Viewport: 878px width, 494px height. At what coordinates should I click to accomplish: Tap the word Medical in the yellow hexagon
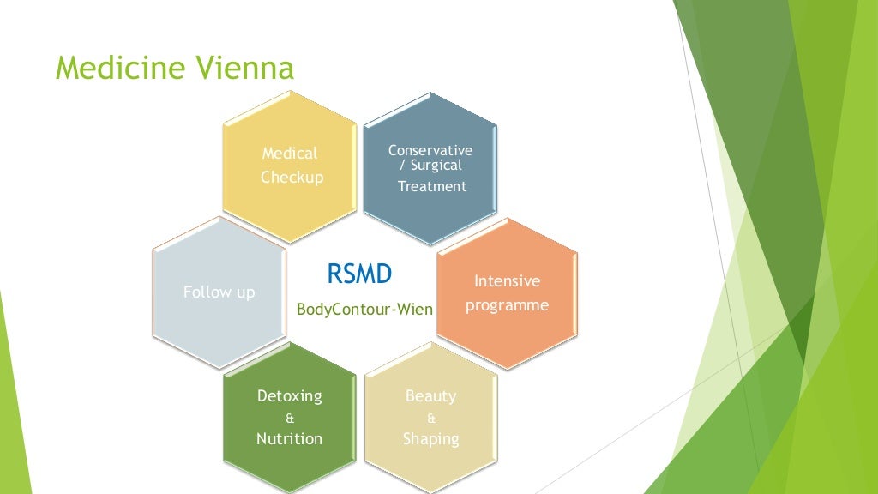pyautogui.click(x=290, y=154)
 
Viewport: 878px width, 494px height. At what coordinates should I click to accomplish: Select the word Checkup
pyautogui.click(x=292, y=178)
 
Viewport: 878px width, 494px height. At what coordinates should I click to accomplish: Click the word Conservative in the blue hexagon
pyautogui.click(x=430, y=150)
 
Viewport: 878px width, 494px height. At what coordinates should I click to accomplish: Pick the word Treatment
pyautogui.click(x=432, y=186)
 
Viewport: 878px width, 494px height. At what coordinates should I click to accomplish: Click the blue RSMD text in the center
pyautogui.click(x=359, y=274)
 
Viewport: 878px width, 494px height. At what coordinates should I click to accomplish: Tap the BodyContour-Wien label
pyautogui.click(x=364, y=309)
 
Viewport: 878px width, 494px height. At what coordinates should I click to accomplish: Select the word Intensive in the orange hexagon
pyautogui.click(x=507, y=281)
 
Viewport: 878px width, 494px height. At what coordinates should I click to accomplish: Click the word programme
pyautogui.click(x=507, y=305)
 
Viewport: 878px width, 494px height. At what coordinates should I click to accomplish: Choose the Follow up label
pyautogui.click(x=219, y=292)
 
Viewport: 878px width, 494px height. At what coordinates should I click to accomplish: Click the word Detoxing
pyautogui.click(x=290, y=396)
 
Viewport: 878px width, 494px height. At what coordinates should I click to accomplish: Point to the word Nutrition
pyautogui.click(x=290, y=439)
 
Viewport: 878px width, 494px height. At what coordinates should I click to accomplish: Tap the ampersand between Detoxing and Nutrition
pyautogui.click(x=289, y=419)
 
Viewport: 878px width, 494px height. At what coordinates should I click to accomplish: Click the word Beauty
pyautogui.click(x=430, y=396)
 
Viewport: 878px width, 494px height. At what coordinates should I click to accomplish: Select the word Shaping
pyautogui.click(x=430, y=439)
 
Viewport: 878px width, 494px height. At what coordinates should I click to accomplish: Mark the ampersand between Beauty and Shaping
pyautogui.click(x=430, y=419)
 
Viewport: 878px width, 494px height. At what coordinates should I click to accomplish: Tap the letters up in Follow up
pyautogui.click(x=246, y=293)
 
